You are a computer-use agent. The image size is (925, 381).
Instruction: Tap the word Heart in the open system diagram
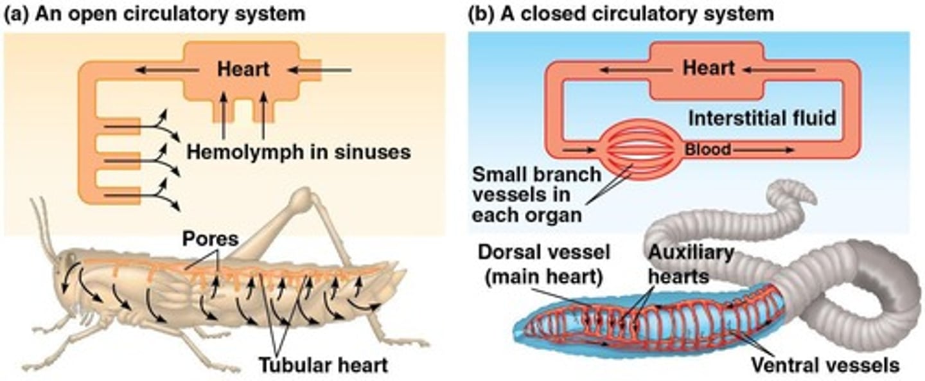pos(243,69)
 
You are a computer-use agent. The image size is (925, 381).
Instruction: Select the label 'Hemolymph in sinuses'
pos(299,152)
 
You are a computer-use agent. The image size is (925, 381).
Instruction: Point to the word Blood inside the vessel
pos(707,150)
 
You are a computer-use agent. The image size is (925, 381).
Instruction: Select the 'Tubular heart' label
pos(323,365)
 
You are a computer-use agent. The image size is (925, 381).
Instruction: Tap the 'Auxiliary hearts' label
pos(690,265)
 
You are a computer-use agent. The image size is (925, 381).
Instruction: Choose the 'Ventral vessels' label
pos(825,365)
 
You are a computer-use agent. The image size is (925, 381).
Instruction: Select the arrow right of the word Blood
pos(764,150)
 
